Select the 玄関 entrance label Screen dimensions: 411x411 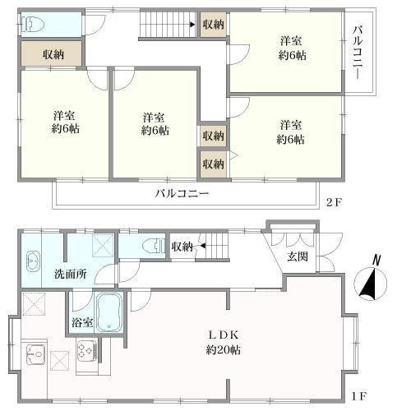pyautogui.click(x=298, y=256)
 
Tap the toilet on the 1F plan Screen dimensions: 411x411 pyautogui.click(x=151, y=244)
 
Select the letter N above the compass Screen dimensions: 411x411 pyautogui.click(x=375, y=261)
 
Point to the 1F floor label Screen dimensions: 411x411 pyautogui.click(x=359, y=395)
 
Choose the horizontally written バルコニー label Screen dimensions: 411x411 pyautogui.click(x=182, y=195)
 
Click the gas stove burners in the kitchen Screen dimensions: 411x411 pyautogui.click(x=87, y=352)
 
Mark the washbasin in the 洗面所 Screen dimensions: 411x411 pyautogui.click(x=32, y=262)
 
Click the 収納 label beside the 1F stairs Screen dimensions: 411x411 pyautogui.click(x=182, y=246)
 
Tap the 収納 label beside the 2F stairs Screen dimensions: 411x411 pyautogui.click(x=213, y=25)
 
